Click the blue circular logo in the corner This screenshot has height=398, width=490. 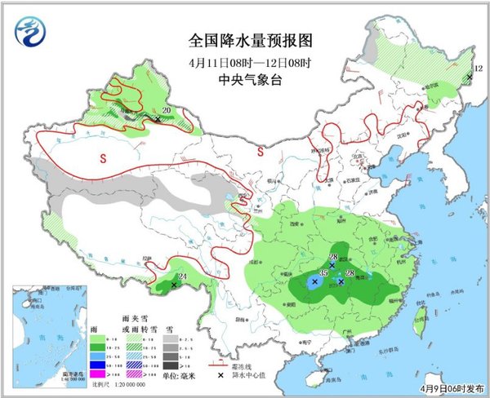30,32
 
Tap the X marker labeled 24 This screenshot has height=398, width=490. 175,285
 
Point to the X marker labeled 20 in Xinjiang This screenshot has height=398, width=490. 158,119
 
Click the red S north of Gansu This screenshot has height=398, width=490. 260,151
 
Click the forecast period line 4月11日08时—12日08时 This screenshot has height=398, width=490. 244,62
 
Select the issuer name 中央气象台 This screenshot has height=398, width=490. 244,79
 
